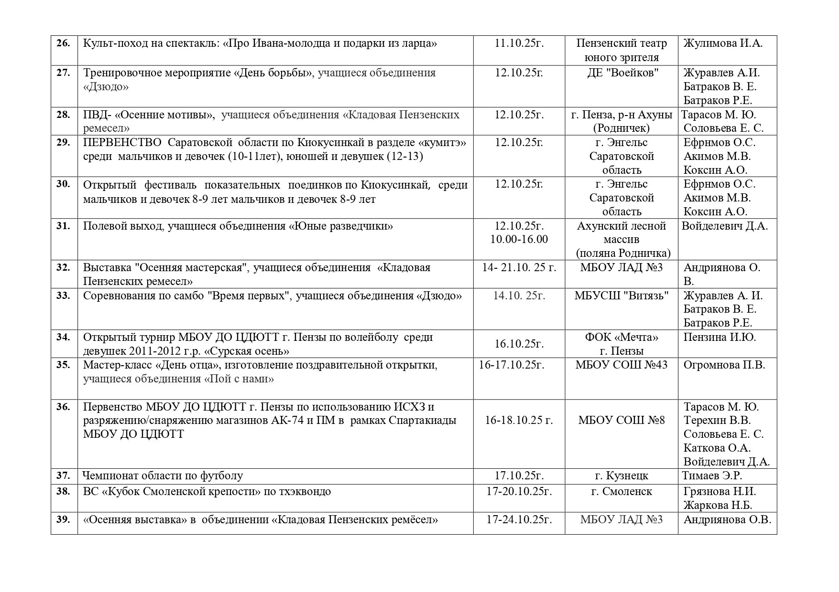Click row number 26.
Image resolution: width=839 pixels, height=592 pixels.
(x=64, y=43)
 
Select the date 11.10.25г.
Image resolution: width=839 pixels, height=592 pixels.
(x=519, y=43)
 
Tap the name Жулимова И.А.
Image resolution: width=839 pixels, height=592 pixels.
(x=722, y=43)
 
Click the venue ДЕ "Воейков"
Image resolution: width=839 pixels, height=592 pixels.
(x=621, y=73)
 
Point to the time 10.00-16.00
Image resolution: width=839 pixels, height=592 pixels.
(x=519, y=239)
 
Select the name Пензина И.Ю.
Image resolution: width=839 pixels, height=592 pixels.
(x=719, y=338)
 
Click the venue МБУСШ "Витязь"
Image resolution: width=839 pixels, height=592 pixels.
(x=621, y=296)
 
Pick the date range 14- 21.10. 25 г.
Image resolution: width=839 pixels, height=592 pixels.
(x=519, y=268)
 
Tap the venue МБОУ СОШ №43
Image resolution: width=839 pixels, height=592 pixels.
(x=621, y=365)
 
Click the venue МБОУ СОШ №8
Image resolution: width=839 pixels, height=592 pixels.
(x=621, y=421)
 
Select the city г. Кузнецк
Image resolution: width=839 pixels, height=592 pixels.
(x=621, y=476)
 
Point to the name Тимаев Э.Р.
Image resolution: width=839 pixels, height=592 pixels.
(x=712, y=476)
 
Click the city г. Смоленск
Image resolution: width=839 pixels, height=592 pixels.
(x=621, y=492)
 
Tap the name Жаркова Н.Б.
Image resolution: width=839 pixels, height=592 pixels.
(x=718, y=506)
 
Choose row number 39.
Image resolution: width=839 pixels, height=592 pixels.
(x=64, y=519)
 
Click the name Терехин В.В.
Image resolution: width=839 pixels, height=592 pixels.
(x=717, y=421)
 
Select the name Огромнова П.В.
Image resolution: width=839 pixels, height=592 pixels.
(x=724, y=365)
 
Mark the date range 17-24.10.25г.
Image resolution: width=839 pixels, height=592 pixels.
(x=519, y=519)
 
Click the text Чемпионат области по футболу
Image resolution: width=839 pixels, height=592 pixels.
(x=163, y=476)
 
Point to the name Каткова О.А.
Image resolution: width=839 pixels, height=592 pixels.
(x=717, y=448)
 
